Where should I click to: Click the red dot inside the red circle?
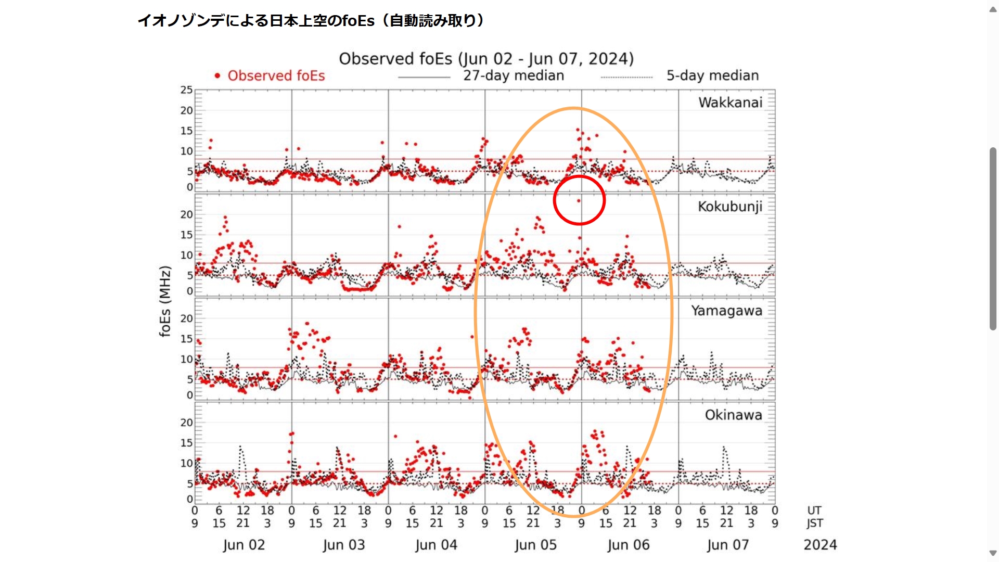click(x=579, y=201)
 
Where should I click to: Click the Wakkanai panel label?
click(x=730, y=103)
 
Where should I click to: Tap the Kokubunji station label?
click(x=730, y=207)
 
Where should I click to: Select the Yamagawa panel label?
click(x=726, y=311)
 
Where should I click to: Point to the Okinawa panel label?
click(x=733, y=415)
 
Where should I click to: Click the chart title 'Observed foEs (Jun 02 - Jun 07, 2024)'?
click(x=486, y=59)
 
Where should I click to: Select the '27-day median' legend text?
click(x=514, y=76)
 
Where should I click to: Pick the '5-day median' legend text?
click(x=712, y=76)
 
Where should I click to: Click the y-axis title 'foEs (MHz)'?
click(x=165, y=301)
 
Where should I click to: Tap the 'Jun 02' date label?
click(x=244, y=545)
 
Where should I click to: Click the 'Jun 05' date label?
click(x=535, y=545)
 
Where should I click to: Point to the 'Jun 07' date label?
click(x=728, y=545)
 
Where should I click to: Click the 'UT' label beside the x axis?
click(x=814, y=510)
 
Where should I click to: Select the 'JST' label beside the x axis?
click(x=815, y=523)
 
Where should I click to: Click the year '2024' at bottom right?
click(x=820, y=545)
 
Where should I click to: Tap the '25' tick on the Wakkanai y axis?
click(x=186, y=90)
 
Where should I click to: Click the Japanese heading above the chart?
click(x=311, y=21)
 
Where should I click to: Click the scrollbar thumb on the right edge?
click(x=993, y=239)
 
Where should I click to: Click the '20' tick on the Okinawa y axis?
click(x=186, y=423)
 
